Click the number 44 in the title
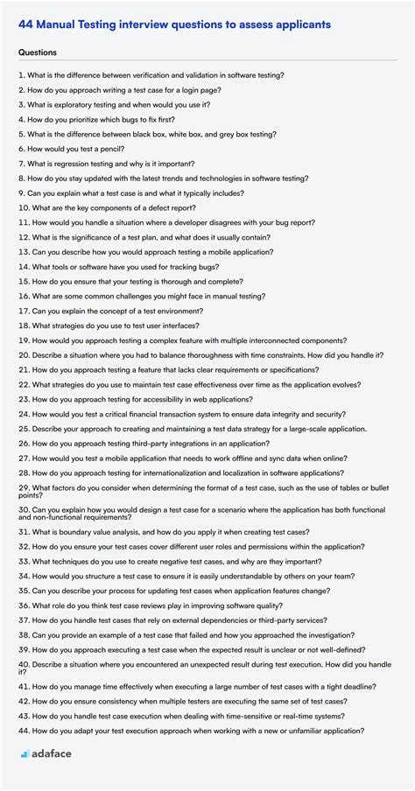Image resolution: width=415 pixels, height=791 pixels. (27, 24)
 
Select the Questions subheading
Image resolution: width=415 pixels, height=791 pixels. (39, 52)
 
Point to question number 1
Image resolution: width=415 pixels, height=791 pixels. (21, 76)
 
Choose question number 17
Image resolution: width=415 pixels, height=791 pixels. (24, 311)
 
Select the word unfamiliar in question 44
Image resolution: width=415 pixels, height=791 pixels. (306, 731)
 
